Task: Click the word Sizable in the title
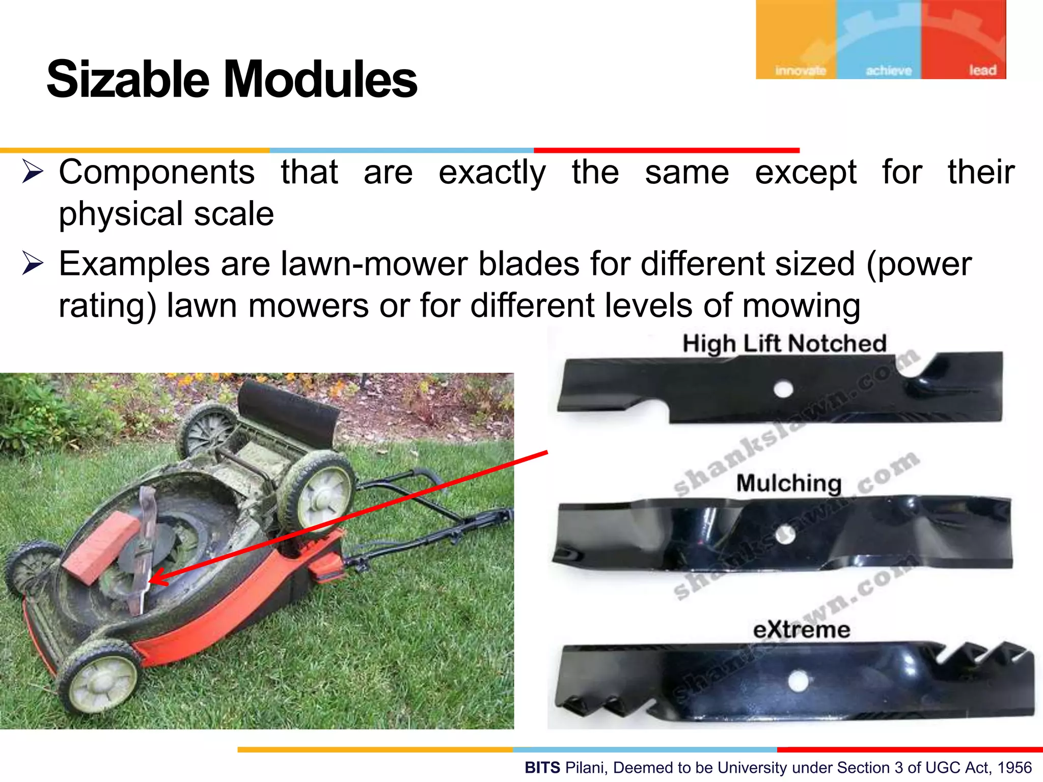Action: (x=127, y=79)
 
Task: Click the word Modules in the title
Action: (x=321, y=79)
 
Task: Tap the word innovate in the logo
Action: (x=800, y=70)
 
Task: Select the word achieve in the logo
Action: (x=889, y=70)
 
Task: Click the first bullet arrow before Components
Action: (x=33, y=172)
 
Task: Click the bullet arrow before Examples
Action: (x=33, y=264)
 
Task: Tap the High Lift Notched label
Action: (x=784, y=344)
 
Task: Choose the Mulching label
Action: (x=788, y=483)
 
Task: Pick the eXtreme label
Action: (x=802, y=630)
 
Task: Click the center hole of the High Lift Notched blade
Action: (x=783, y=390)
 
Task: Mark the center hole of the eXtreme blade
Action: (x=798, y=681)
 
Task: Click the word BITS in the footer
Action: (x=542, y=767)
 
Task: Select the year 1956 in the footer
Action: (x=1014, y=767)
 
